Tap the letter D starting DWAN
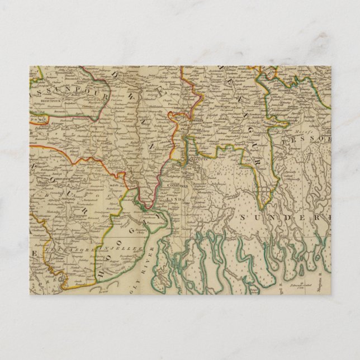(x=117, y=77)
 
